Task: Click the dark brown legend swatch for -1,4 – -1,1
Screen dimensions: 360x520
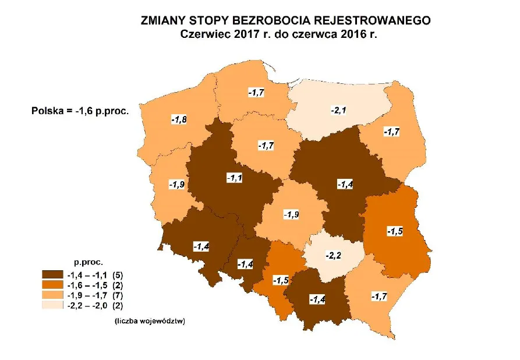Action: [x=52, y=274]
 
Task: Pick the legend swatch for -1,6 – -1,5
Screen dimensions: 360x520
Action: [x=52, y=284]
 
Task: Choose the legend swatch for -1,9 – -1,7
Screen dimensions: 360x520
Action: [x=52, y=295]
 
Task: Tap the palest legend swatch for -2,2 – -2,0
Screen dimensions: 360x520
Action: [x=52, y=305]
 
